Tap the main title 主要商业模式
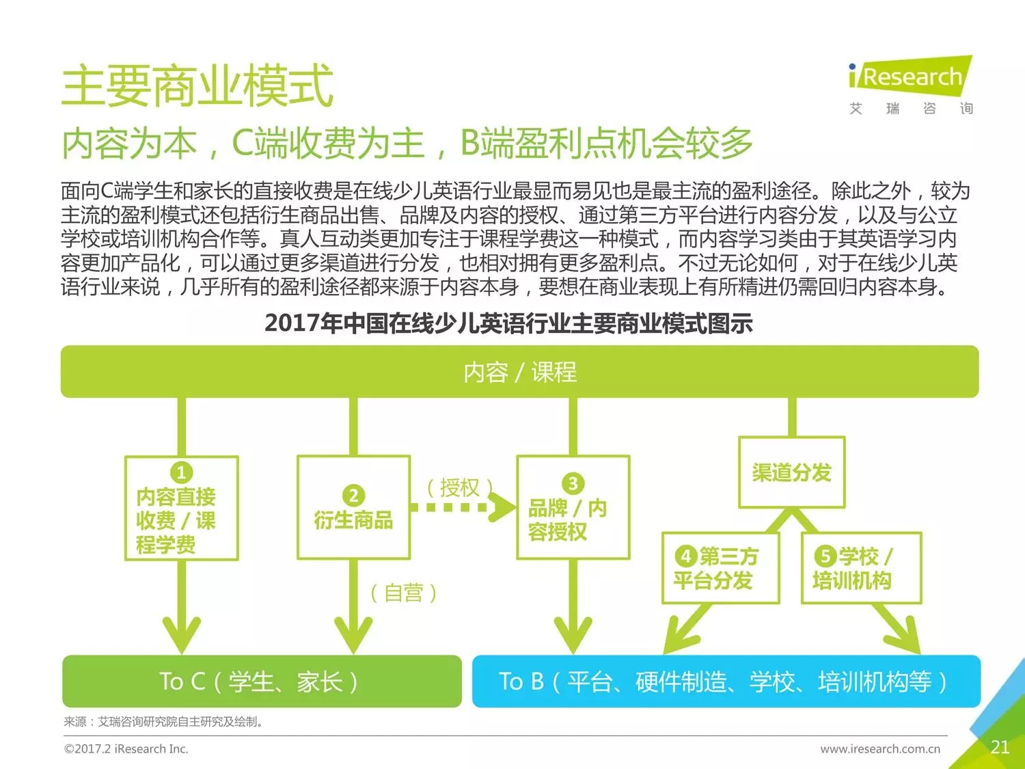197,86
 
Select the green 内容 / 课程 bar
519,372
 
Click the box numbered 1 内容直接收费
181,509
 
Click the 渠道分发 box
791,472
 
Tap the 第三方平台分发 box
720,568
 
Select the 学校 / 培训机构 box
861,568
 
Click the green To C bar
262,682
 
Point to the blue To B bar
726,682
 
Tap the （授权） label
459,487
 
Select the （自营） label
403,593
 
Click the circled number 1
181,472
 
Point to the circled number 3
573,483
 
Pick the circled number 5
825,556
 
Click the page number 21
1000,747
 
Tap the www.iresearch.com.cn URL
880,749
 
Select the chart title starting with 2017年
508,323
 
